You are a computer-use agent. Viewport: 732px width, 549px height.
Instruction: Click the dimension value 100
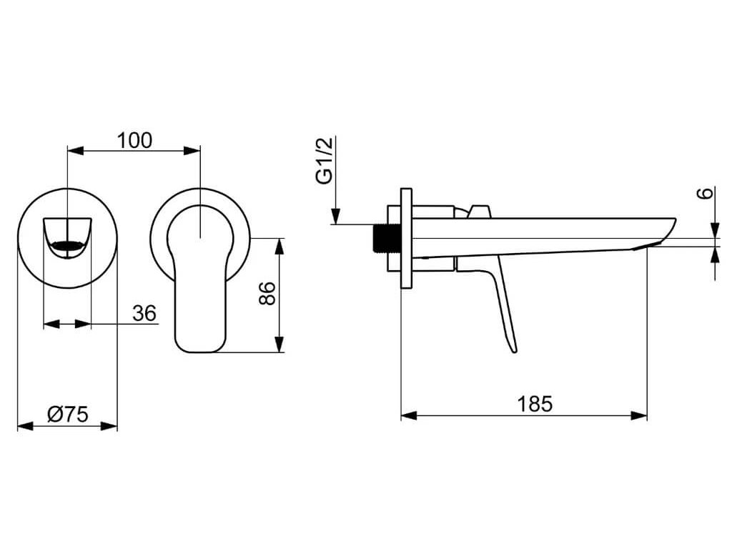pos(134,140)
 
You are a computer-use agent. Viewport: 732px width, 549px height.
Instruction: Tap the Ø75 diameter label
pos(68,414)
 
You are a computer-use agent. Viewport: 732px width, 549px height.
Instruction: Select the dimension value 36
pos(144,313)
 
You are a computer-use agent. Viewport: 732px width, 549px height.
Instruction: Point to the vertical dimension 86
pos(267,293)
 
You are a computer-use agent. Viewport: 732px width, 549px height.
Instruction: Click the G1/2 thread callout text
pos(325,161)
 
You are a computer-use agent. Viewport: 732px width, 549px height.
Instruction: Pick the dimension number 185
pos(535,404)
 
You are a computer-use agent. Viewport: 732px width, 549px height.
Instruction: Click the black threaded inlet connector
pos(382,238)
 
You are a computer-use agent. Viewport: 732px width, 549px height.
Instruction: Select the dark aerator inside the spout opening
pos(68,244)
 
